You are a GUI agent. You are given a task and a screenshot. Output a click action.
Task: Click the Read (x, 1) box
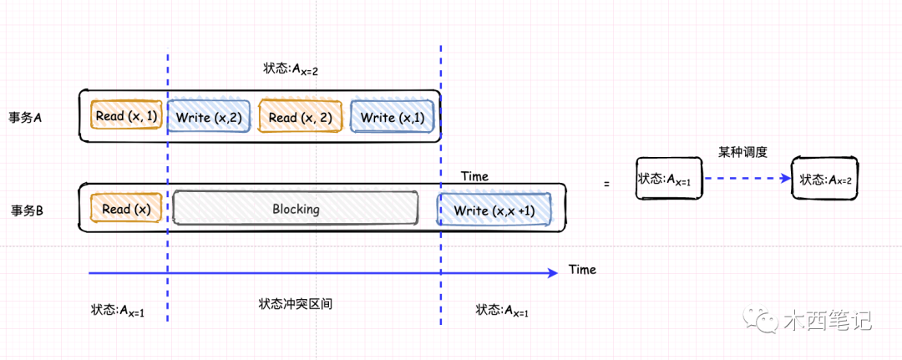(127, 117)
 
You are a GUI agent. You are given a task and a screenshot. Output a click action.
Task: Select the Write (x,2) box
(209, 118)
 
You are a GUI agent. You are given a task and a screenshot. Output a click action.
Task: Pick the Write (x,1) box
(393, 118)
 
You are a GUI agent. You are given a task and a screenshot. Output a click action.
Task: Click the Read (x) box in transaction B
(127, 209)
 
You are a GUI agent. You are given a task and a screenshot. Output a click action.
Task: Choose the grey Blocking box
(295, 209)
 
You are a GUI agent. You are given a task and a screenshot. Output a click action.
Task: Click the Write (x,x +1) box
(494, 210)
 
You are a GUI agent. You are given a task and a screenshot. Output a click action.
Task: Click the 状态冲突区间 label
(296, 304)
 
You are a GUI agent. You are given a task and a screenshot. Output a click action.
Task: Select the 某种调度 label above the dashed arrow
(742, 152)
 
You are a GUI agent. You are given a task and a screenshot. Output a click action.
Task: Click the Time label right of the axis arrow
(582, 270)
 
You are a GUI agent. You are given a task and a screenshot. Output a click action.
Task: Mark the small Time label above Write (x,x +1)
(474, 176)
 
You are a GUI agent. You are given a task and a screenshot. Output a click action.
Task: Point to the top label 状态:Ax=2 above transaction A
(290, 69)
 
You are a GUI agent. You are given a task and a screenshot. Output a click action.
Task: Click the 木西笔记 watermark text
(827, 320)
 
